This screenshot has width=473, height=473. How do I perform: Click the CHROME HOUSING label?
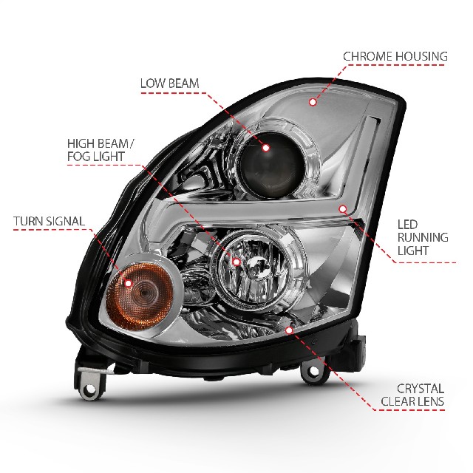point(395,56)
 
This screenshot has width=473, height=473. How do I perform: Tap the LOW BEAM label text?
point(169,84)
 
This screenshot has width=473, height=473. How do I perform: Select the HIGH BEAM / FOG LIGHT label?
point(100,150)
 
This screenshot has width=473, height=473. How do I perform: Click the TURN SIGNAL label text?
point(49,221)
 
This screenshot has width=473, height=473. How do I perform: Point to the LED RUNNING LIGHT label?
point(423,237)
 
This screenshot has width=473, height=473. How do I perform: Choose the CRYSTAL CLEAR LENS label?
point(412,395)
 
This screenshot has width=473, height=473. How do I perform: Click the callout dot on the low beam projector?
point(266,148)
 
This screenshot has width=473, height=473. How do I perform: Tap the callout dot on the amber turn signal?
point(129,284)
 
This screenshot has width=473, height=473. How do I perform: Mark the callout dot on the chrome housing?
point(313,102)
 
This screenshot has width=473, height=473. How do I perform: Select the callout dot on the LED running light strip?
point(343,208)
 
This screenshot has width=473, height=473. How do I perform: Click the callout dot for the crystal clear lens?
point(289,330)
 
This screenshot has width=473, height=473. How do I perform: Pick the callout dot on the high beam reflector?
point(236,262)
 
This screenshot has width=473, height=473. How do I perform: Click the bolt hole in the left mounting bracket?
point(89,389)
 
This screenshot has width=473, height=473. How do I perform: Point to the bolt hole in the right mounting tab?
point(313,371)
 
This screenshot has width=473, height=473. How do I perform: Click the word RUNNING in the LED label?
point(423,237)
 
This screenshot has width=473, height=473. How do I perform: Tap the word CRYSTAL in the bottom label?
point(421,389)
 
